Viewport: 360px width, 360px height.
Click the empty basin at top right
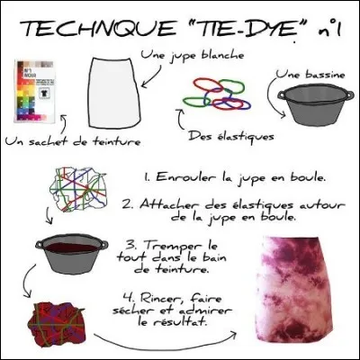coord(311,107)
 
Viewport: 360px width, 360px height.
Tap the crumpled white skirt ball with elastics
coord(76,190)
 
